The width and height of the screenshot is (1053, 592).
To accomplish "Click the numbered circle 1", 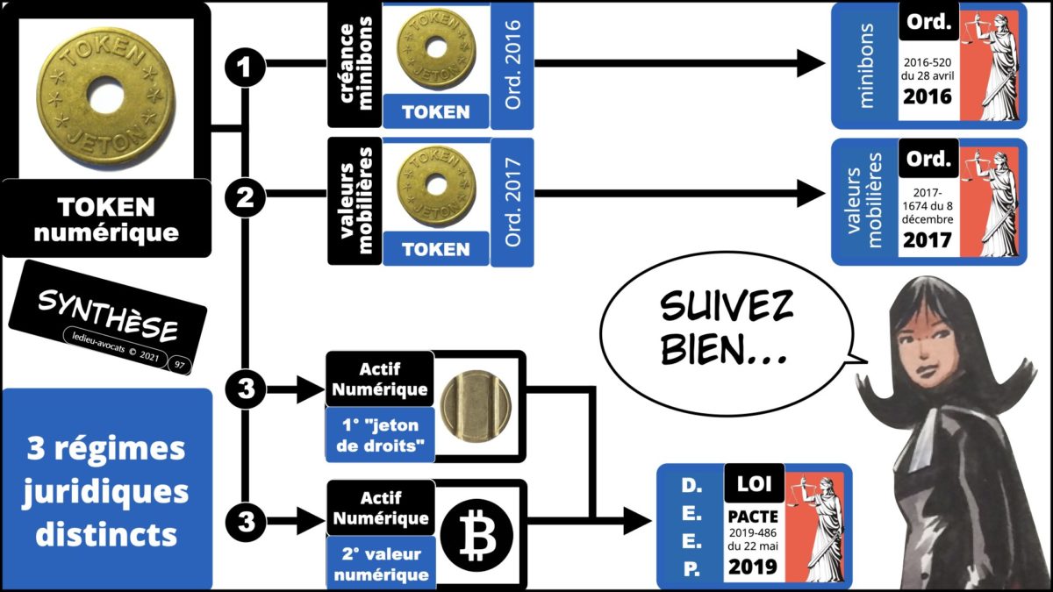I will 246,64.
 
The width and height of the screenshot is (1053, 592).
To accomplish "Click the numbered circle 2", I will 246,199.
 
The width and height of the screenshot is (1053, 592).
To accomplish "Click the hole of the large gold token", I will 105,90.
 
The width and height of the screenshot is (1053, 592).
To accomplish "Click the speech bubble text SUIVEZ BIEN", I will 727,328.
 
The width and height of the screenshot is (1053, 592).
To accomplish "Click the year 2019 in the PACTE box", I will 752,567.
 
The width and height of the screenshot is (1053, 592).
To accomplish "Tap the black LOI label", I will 752,483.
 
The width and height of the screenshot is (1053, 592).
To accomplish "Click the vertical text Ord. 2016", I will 513,64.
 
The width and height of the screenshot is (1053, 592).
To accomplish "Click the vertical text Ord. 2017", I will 513,200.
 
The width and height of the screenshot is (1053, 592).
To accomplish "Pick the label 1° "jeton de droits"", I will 380,436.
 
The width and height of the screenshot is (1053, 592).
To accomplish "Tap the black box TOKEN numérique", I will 106,219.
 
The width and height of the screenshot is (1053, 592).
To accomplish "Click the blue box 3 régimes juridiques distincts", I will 106,491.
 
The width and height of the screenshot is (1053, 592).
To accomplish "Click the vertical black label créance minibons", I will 355,64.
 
